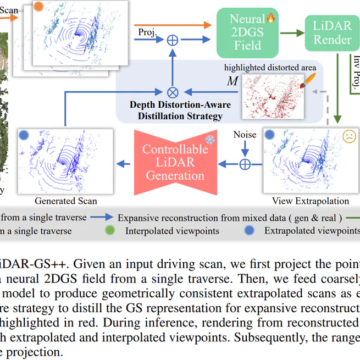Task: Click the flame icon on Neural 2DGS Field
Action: (x=269, y=18)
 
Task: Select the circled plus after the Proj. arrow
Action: (x=173, y=39)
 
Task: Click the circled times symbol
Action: (x=173, y=91)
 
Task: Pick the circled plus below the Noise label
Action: (x=245, y=163)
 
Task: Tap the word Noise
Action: (x=245, y=135)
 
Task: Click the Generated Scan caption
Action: (x=66, y=201)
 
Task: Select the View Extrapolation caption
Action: (x=310, y=201)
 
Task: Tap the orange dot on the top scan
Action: (x=39, y=7)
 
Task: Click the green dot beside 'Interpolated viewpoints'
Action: (x=112, y=231)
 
